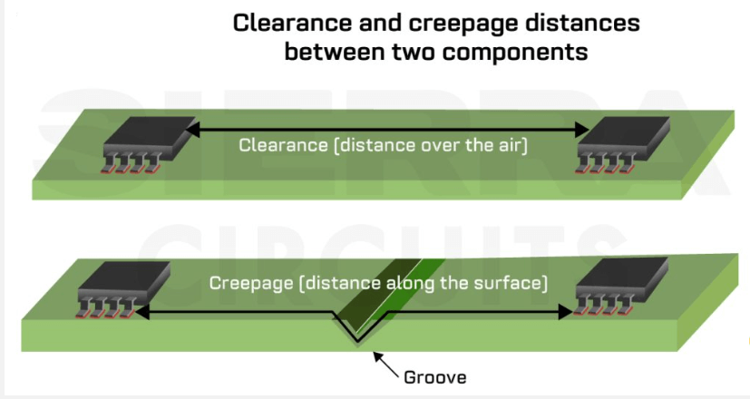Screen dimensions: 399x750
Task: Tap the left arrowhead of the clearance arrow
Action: pos(193,131)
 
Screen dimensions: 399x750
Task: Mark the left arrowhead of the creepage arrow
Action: pos(141,310)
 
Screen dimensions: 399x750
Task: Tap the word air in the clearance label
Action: pos(509,144)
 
